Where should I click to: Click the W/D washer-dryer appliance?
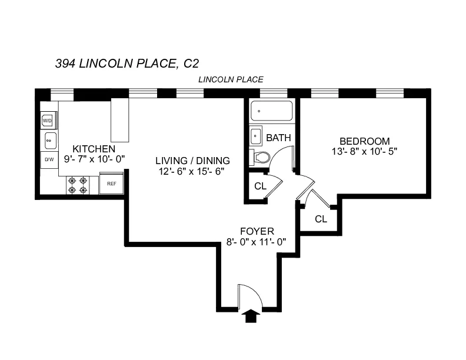(48, 121)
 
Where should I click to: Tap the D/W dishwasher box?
(49, 159)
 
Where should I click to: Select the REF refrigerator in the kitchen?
(111, 184)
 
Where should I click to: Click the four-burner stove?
(78, 185)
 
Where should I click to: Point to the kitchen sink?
(50, 140)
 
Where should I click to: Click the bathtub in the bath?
(271, 111)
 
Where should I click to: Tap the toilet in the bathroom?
(260, 157)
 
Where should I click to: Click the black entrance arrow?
(251, 316)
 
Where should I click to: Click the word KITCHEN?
(94, 149)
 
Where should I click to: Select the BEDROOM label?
(364, 141)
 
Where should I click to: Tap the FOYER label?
(257, 231)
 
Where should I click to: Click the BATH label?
(278, 138)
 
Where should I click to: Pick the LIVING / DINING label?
(192, 161)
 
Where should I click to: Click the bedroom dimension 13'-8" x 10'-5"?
(364, 151)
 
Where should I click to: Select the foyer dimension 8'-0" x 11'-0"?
(257, 242)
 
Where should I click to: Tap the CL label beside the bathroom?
(260, 186)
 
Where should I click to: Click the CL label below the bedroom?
(321, 219)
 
